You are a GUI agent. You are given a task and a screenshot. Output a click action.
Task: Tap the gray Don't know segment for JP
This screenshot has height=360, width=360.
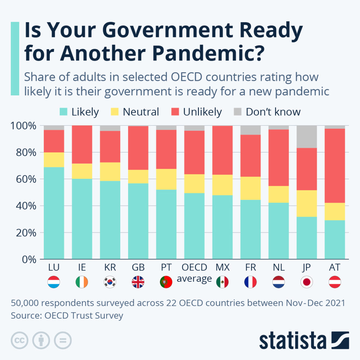click(x=307, y=137)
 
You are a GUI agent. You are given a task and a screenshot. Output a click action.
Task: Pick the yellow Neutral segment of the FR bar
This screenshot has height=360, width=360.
click(x=250, y=188)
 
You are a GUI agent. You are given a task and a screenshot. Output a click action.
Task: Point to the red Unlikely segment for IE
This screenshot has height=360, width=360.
click(x=82, y=144)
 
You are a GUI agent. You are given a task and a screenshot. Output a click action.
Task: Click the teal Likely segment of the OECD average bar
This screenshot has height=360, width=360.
click(x=194, y=226)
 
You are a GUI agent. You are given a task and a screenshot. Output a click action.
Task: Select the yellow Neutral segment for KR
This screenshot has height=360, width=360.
click(x=110, y=172)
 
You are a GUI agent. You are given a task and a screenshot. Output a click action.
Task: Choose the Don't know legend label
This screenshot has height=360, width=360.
click(x=273, y=112)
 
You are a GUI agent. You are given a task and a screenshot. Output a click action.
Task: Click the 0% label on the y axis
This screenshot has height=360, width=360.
click(x=28, y=259)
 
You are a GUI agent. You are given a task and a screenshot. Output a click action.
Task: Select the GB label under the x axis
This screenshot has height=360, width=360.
click(x=138, y=268)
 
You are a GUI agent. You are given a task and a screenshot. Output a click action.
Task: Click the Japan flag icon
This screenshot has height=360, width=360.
click(x=307, y=282)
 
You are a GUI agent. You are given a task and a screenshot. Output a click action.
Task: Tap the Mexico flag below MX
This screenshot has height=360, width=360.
click(x=222, y=282)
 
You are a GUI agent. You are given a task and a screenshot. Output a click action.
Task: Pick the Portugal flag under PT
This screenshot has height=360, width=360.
click(x=166, y=282)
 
